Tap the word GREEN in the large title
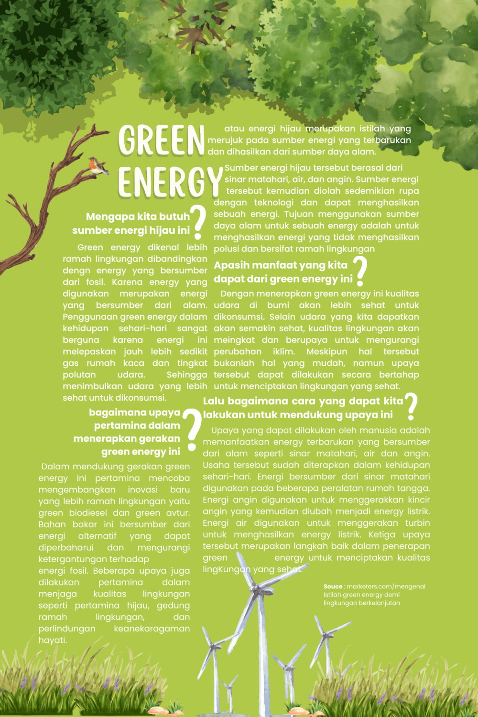(162, 140)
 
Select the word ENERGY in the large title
(170, 182)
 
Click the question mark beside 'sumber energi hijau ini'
(197, 222)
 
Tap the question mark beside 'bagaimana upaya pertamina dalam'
(193, 429)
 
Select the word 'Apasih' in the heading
(229, 265)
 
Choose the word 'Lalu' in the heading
(213, 401)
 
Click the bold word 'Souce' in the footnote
(333, 587)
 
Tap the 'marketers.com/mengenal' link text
(386, 587)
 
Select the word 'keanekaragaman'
(152, 629)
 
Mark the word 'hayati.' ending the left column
(53, 640)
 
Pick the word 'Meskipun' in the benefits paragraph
(326, 351)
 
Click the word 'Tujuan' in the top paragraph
(299, 214)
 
